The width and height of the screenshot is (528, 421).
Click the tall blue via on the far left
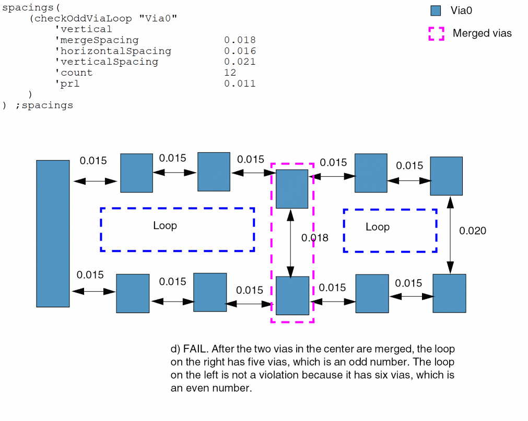(x=53, y=233)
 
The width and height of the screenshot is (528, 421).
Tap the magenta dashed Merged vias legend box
(x=436, y=33)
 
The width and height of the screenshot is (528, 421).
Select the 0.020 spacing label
(x=472, y=231)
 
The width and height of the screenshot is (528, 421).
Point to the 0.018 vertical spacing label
(x=315, y=238)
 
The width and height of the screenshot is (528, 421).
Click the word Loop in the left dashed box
(x=165, y=225)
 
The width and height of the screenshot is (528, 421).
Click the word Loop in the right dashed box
(x=377, y=227)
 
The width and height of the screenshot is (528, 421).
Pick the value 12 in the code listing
(x=230, y=73)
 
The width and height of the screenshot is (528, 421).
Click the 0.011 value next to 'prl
(x=240, y=83)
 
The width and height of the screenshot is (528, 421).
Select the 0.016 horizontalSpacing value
(x=240, y=51)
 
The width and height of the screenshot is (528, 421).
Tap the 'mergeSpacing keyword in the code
(x=97, y=40)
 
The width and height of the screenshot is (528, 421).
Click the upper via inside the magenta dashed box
(x=292, y=188)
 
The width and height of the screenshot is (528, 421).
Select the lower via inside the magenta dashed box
(x=292, y=295)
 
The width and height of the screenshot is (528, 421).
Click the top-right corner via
(x=446, y=176)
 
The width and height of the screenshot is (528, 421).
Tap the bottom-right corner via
(x=449, y=293)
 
